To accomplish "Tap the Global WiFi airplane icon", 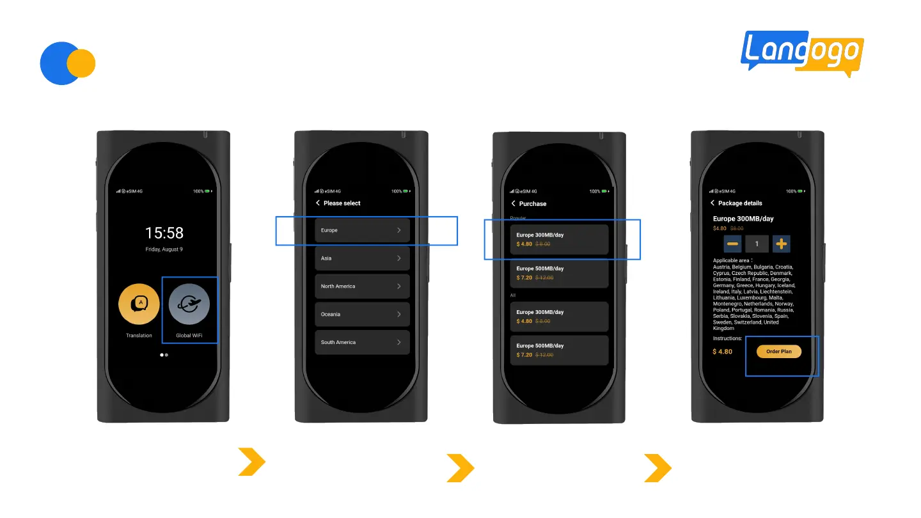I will click(x=189, y=304).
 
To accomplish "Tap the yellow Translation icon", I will click(x=139, y=304).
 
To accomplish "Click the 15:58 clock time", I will click(x=164, y=232).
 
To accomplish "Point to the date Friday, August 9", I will click(x=164, y=249).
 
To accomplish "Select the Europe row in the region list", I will click(x=361, y=230).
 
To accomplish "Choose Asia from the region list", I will click(x=361, y=258).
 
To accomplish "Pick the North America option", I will click(x=361, y=286).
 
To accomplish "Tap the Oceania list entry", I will click(x=361, y=315).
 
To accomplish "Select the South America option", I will click(x=361, y=343).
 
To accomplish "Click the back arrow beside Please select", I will click(x=318, y=203).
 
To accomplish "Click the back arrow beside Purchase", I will click(x=513, y=203).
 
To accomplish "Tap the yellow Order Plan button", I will click(x=778, y=352).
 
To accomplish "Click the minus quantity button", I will click(x=733, y=244).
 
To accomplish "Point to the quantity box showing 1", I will click(x=757, y=244).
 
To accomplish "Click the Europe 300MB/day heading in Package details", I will click(x=743, y=219).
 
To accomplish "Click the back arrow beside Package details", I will click(x=712, y=203).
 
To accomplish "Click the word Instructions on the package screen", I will click(x=728, y=338).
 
